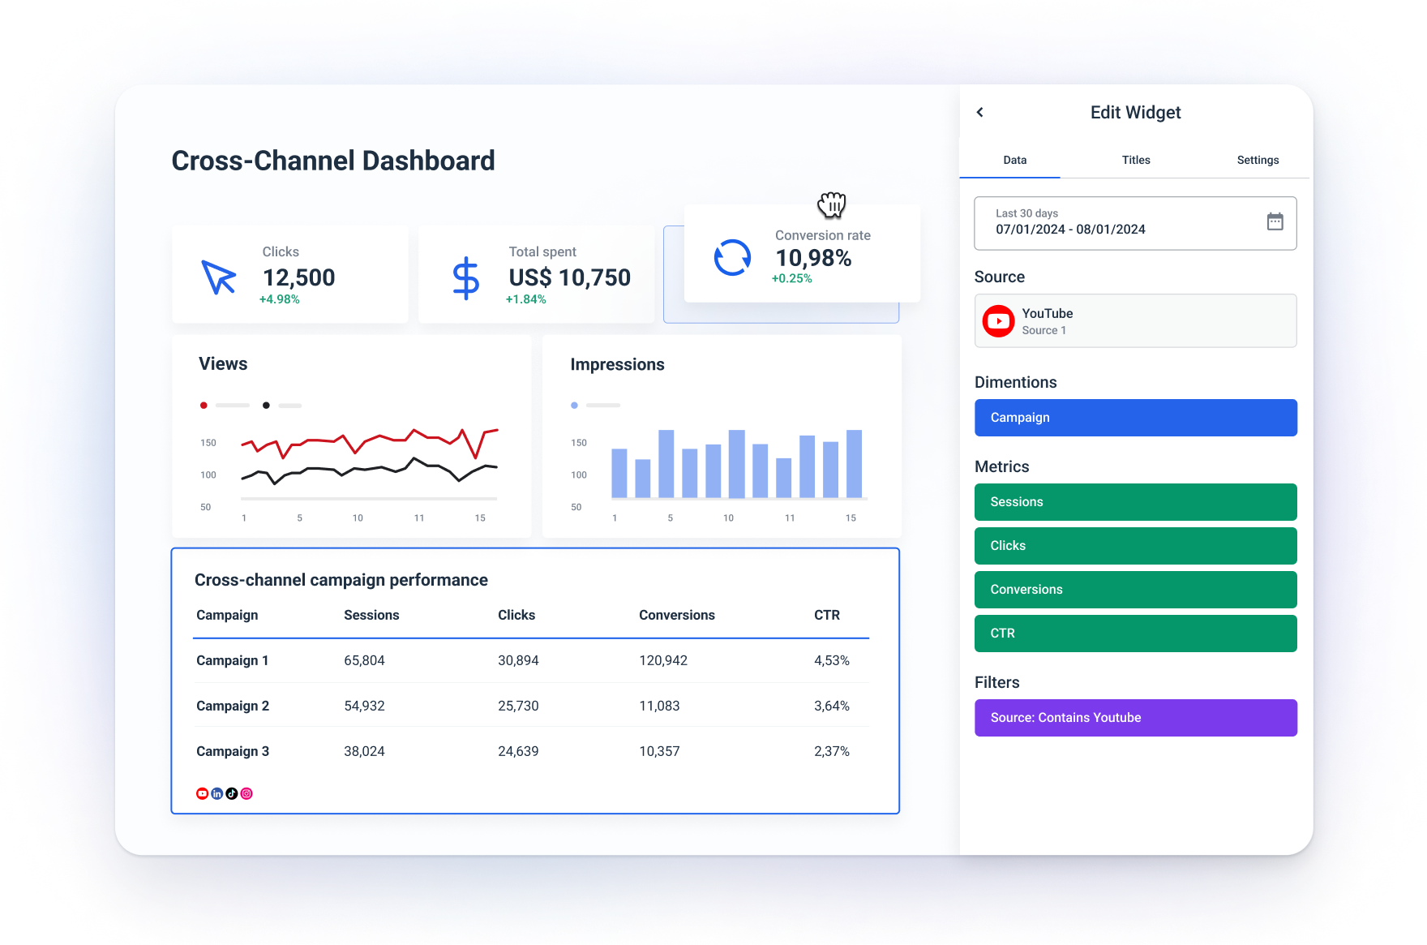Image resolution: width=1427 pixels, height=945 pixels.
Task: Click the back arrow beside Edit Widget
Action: [980, 113]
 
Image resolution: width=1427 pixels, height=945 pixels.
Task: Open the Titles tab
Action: [1136, 160]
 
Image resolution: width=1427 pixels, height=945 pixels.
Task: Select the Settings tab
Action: [1258, 160]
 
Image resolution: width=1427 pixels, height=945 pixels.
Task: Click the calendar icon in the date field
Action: [1275, 221]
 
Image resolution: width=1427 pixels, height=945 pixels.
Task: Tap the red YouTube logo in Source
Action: [998, 321]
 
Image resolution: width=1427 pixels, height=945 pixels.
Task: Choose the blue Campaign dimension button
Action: [1135, 418]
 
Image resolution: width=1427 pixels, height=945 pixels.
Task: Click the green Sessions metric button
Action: [1135, 502]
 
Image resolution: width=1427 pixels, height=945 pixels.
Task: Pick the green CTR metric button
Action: [1135, 634]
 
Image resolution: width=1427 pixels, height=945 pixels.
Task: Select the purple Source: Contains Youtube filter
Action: [1135, 718]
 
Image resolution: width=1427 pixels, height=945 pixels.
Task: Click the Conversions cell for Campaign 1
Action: [662, 660]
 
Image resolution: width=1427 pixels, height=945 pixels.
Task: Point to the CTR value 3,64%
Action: [831, 706]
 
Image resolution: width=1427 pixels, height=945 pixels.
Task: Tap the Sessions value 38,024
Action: [364, 751]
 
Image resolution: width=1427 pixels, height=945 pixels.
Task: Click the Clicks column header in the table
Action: [516, 615]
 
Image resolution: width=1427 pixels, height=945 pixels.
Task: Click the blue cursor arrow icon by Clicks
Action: [218, 277]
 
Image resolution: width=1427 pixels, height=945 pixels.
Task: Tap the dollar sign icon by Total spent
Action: [465, 278]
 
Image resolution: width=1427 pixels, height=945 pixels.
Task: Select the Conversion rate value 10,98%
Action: [812, 258]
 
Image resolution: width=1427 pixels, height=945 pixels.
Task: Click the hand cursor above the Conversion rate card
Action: [832, 204]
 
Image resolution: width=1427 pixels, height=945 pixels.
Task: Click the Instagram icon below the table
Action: [246, 793]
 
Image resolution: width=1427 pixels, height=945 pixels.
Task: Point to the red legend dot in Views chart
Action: [204, 405]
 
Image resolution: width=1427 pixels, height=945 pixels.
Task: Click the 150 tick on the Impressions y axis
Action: [578, 443]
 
